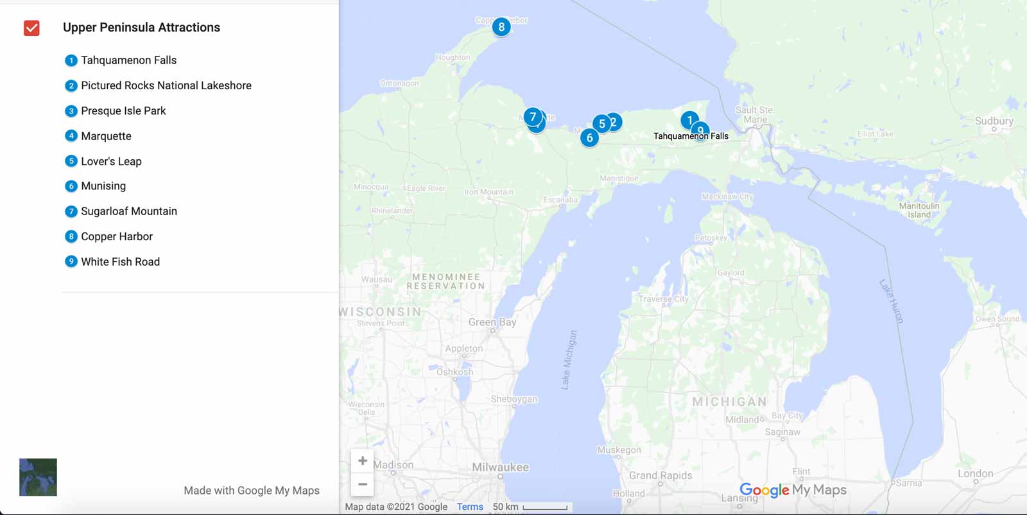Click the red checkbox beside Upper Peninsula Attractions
31,28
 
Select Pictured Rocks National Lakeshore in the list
166,85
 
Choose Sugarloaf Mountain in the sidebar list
128,211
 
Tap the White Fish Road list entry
120,262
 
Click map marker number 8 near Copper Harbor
501,27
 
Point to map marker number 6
589,137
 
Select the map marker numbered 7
532,117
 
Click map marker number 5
601,124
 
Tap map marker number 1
689,120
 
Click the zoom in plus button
363,460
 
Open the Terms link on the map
470,507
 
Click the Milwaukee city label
500,467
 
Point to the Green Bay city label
492,322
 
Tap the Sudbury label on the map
994,121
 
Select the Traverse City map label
663,299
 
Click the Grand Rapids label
660,476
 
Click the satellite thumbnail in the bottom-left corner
38,477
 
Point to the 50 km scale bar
545,507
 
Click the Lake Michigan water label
569,360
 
